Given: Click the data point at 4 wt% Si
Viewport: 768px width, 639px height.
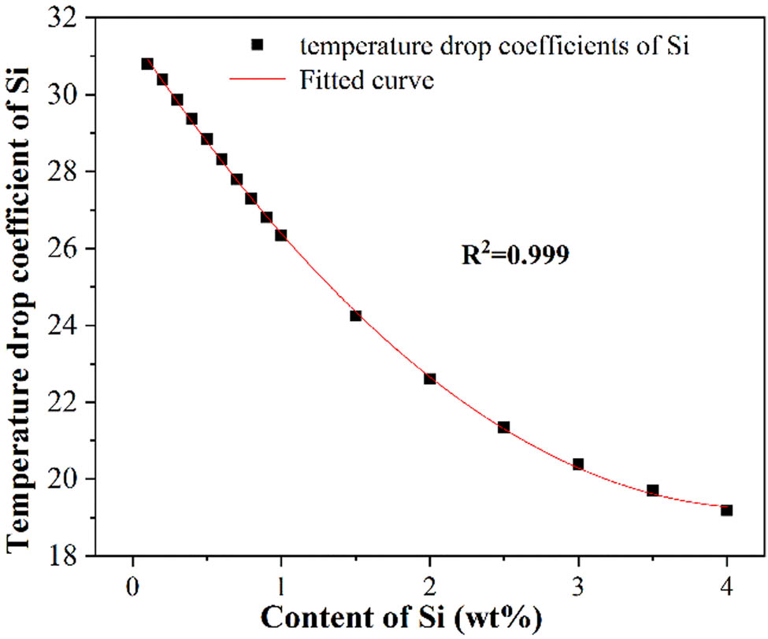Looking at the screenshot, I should (726, 510).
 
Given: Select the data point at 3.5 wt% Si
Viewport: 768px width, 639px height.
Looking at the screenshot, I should (652, 490).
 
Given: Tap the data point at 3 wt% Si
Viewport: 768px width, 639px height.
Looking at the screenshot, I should (578, 464).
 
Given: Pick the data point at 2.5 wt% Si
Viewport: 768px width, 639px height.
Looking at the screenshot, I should (503, 427).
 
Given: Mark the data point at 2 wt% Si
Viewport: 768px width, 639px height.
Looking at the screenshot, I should (429, 379).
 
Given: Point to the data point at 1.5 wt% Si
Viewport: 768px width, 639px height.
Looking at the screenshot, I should (355, 316).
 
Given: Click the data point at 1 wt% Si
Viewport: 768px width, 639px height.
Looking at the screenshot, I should (280, 235).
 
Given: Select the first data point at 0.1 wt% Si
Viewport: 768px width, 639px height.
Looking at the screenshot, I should (147, 64).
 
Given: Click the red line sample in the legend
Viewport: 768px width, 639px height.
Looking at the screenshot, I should (256, 79).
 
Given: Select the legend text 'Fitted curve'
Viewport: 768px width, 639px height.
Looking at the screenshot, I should (367, 79).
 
